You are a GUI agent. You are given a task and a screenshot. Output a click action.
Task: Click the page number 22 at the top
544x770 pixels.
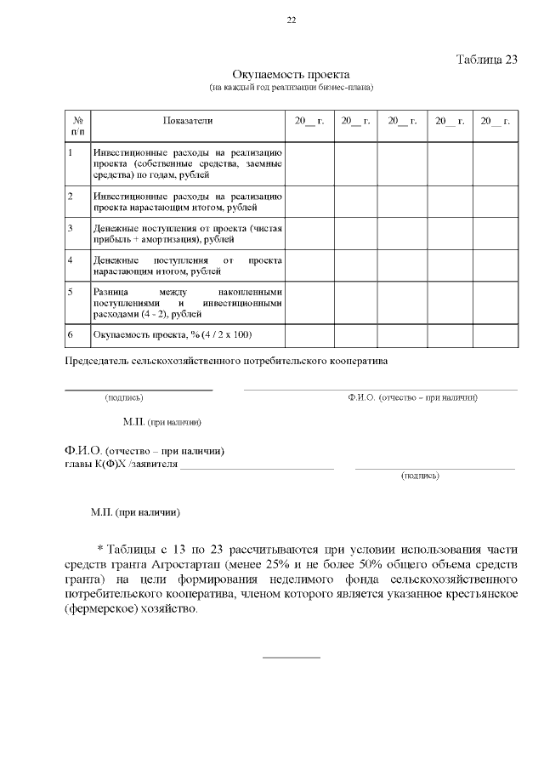click(292, 20)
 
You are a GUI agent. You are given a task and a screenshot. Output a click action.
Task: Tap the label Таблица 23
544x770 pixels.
click(486, 60)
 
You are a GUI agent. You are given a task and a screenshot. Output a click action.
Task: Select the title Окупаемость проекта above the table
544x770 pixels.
click(292, 75)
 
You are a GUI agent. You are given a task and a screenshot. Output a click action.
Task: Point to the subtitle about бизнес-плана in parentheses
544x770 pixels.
click(292, 88)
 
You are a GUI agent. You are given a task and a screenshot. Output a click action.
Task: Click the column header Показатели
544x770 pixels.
click(188, 122)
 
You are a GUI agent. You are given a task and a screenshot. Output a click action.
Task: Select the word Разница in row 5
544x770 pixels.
click(110, 292)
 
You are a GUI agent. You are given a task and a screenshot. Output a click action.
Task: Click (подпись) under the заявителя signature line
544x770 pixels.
click(420, 476)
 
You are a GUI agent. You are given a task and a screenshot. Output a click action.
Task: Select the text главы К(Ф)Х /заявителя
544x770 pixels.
click(122, 465)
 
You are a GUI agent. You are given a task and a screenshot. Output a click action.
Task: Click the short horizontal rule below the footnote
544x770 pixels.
click(292, 657)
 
